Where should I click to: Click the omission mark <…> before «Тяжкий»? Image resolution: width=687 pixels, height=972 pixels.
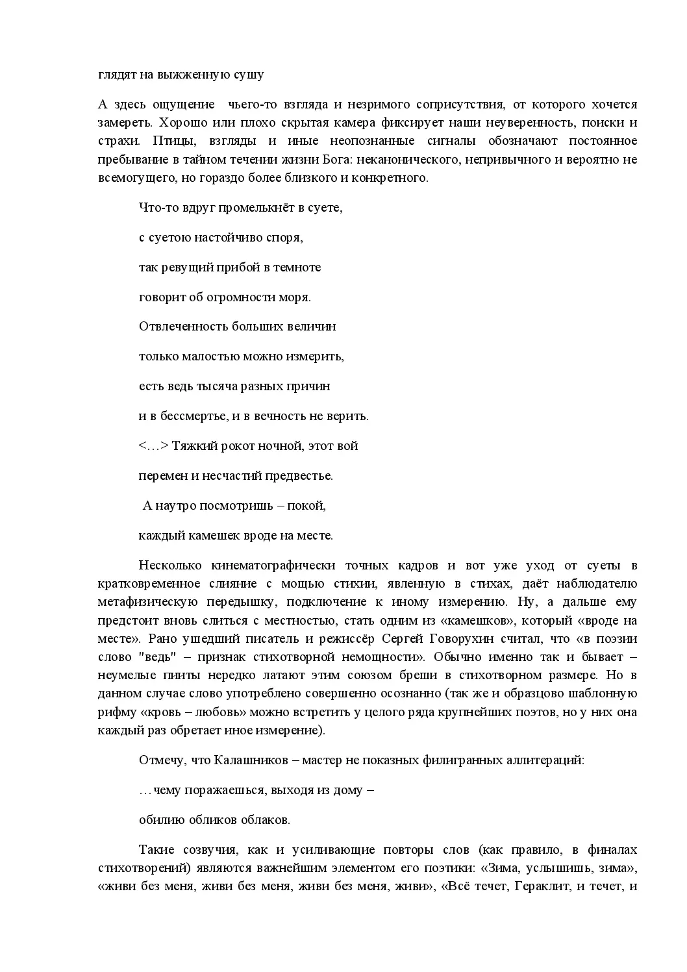153,446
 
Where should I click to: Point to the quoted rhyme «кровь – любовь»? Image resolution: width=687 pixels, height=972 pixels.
195,712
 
